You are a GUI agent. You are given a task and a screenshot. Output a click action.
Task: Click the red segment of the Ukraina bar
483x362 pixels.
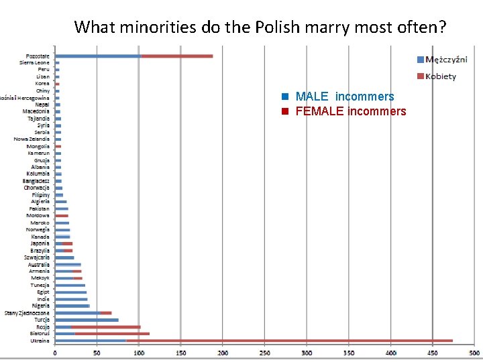tap(221, 341)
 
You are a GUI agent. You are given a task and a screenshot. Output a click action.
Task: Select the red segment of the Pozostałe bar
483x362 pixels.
tap(176, 56)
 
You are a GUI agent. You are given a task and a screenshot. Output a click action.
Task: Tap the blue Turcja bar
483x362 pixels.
tap(87, 320)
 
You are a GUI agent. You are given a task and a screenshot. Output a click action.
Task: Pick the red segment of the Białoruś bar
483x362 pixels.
tap(112, 333)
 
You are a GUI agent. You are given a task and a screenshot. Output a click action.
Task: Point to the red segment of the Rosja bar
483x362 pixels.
tap(106, 326)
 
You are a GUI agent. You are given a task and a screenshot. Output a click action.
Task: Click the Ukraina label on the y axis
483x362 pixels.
tap(40, 341)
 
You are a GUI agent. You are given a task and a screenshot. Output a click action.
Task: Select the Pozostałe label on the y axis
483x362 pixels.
tap(37, 56)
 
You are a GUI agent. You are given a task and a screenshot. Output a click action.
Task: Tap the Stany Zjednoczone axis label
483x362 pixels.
tap(27, 312)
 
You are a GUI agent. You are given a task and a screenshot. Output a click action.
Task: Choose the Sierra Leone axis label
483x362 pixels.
tap(34, 62)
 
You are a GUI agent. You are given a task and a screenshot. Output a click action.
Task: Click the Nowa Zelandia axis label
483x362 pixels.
tap(32, 139)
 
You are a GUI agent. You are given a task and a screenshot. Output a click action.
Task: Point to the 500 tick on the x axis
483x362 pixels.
tap(474, 352)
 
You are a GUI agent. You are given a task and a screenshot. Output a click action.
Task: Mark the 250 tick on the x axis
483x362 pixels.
tap(265, 352)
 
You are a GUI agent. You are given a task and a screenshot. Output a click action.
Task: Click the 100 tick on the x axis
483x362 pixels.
tap(139, 352)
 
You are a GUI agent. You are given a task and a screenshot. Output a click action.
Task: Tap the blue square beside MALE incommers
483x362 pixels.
tap(284, 97)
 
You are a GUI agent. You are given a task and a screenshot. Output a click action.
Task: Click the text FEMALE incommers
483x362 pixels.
tap(350, 111)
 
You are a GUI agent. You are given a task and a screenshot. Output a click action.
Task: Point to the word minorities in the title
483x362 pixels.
tap(152, 27)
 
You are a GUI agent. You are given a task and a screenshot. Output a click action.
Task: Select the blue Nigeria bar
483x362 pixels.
tap(72, 306)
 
